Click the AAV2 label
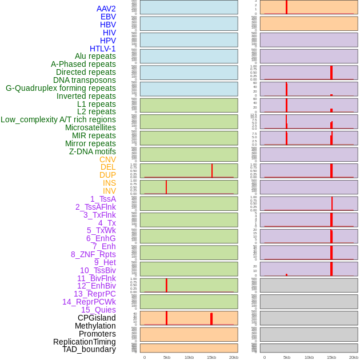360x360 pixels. tap(106, 9)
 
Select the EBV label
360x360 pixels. tap(108, 17)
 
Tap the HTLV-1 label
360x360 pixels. tap(103, 49)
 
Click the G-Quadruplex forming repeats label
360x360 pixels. tap(61, 88)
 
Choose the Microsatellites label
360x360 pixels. tap(90, 127)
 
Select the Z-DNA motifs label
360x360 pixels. tap(93, 151)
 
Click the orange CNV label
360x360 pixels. tap(107, 159)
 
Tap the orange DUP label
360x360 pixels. tap(107, 175)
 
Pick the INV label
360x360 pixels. tap(109, 191)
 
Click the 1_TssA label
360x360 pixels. tap(103, 199)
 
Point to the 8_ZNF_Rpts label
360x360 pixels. tap(93, 254)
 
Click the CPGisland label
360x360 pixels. tap(97, 318)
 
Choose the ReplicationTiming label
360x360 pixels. tap(85, 342)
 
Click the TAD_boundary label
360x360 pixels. tap(89, 349)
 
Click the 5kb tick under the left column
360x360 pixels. tap(167, 357)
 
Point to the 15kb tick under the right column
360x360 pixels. tap(331, 357)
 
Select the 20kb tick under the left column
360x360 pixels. tap(234, 357)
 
